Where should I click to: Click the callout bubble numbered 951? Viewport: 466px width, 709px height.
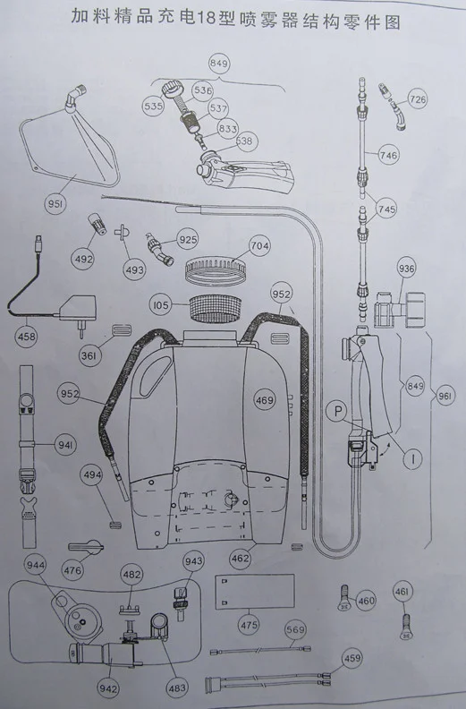[x=56, y=204]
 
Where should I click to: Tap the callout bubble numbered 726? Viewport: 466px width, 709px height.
[x=417, y=98]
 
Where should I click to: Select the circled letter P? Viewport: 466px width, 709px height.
[x=337, y=411]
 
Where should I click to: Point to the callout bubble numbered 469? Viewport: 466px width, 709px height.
[x=265, y=400]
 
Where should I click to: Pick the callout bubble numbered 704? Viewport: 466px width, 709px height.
[x=260, y=246]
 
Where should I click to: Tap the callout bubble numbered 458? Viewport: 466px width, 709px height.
[x=27, y=337]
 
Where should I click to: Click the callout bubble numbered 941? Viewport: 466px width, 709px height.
[x=66, y=444]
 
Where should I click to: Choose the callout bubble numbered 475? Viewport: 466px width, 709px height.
[x=249, y=626]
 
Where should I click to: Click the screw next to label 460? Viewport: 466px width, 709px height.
[x=345, y=598]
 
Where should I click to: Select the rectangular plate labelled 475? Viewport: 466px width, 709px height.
[x=255, y=592]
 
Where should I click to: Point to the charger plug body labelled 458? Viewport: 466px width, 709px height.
[x=76, y=308]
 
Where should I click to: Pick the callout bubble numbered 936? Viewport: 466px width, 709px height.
[x=406, y=269]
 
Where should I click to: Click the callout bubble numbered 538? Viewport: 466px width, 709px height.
[x=244, y=141]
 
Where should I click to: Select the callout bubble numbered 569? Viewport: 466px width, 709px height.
[x=295, y=629]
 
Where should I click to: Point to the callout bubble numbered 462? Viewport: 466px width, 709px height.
[x=240, y=558]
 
